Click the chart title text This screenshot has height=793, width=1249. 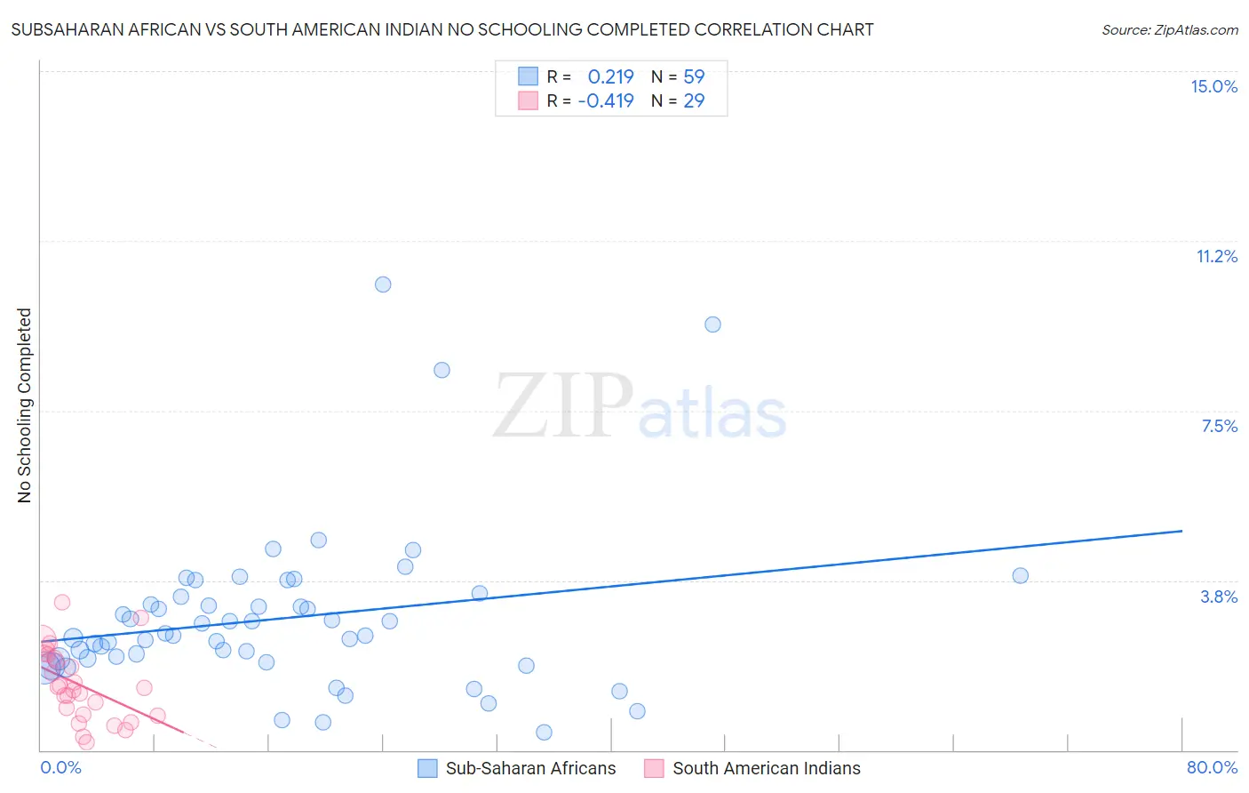[x=442, y=29]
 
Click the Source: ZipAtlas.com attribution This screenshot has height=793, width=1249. [x=1169, y=29]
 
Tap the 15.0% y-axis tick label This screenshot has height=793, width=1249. [x=1213, y=86]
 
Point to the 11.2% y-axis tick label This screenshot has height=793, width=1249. [x=1216, y=256]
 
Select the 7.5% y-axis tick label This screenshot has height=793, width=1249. [x=1219, y=426]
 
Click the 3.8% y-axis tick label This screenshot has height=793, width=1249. [x=1219, y=597]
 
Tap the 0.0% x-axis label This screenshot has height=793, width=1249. [x=60, y=767]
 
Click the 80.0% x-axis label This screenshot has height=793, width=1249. [x=1212, y=767]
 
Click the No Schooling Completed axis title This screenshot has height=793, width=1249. [x=24, y=405]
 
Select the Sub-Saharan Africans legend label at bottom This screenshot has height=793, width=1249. [x=530, y=768]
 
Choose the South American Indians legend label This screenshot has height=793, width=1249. [x=766, y=768]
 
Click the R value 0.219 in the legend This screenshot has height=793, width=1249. [x=610, y=76]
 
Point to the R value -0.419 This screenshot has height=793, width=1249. [x=605, y=100]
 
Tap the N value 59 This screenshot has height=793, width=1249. [x=694, y=76]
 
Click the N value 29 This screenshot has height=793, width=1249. [x=694, y=100]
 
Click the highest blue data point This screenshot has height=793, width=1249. [x=383, y=284]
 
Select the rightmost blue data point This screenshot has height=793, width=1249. [x=1020, y=575]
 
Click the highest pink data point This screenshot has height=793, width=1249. [x=62, y=602]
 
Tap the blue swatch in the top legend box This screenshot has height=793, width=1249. [x=529, y=76]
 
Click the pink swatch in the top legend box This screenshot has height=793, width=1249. [x=529, y=100]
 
